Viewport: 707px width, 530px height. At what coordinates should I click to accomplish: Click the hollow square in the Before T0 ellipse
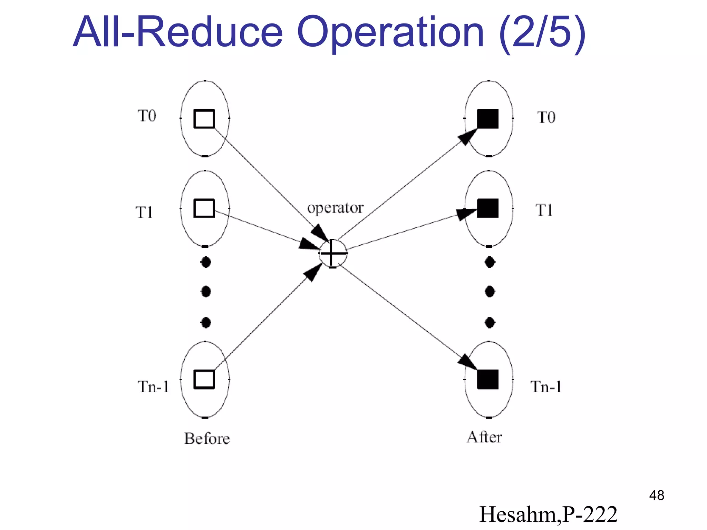[204, 119]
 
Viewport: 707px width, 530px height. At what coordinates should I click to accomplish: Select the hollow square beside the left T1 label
[204, 208]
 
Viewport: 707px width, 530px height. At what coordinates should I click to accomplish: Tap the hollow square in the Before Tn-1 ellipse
[204, 379]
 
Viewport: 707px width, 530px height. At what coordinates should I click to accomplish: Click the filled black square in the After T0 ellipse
[488, 119]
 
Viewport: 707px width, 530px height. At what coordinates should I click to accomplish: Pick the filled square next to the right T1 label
[488, 208]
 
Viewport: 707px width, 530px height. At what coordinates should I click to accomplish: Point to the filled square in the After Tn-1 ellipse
[488, 379]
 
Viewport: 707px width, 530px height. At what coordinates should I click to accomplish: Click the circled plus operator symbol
[332, 253]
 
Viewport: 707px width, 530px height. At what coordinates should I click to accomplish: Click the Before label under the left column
[207, 439]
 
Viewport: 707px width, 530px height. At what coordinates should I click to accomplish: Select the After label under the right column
[484, 437]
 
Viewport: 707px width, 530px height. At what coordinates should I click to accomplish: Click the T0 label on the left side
[147, 116]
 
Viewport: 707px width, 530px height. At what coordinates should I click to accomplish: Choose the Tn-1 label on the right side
[546, 387]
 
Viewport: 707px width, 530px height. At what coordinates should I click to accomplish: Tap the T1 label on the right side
[544, 210]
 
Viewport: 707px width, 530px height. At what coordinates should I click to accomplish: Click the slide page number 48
[656, 495]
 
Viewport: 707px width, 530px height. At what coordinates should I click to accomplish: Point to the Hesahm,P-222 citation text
[548, 514]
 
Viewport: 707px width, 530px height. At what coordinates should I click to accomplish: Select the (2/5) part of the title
[542, 33]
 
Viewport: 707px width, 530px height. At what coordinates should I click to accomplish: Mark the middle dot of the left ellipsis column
[206, 292]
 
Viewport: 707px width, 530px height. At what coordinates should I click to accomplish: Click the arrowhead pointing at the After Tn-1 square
[468, 362]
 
